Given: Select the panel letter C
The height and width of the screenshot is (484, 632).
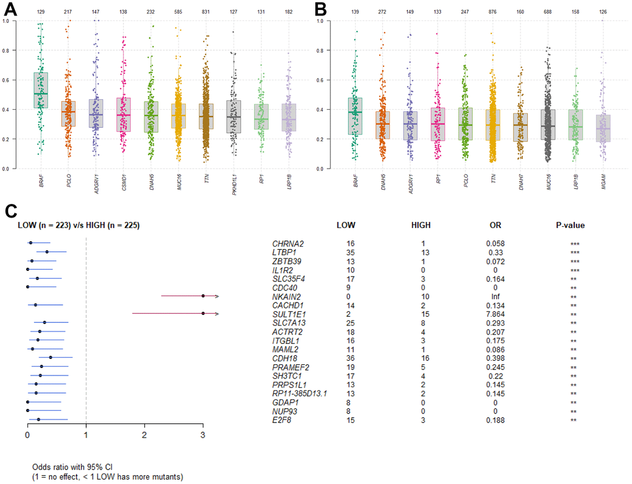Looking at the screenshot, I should coord(11,211).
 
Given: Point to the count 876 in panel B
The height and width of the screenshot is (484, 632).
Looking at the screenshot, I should coord(493,12).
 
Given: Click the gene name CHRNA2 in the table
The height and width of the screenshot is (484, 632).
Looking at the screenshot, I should coord(286,244).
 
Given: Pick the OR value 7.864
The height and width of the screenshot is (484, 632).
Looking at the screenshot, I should coord(498,314).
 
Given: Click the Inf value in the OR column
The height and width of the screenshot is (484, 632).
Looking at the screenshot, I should coord(498,296).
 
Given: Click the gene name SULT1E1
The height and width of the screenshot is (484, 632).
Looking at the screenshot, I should coord(286,314).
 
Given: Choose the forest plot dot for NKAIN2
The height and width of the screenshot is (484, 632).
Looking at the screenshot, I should coord(203,296).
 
